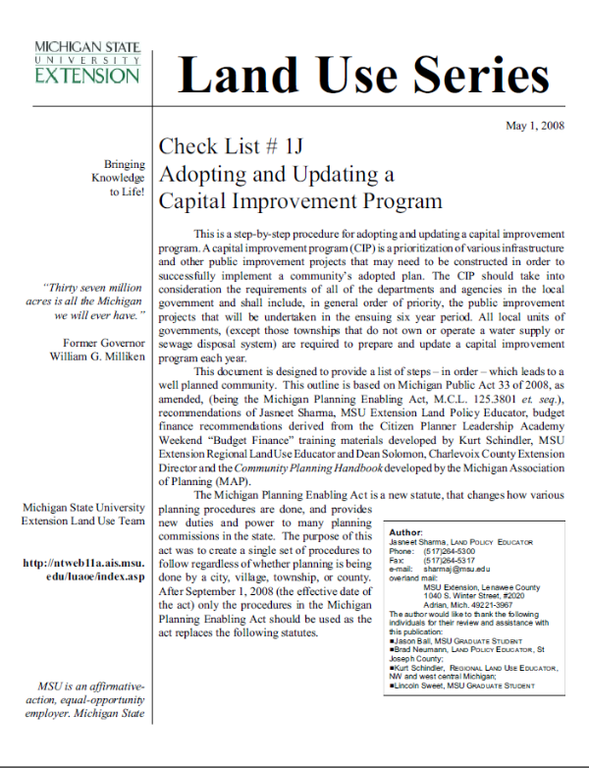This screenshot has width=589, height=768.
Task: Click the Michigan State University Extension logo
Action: [87, 61]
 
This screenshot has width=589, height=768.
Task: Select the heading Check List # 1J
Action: [231, 148]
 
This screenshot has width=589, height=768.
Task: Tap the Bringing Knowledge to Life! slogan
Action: [119, 178]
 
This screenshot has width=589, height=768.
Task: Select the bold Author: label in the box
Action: [405, 531]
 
